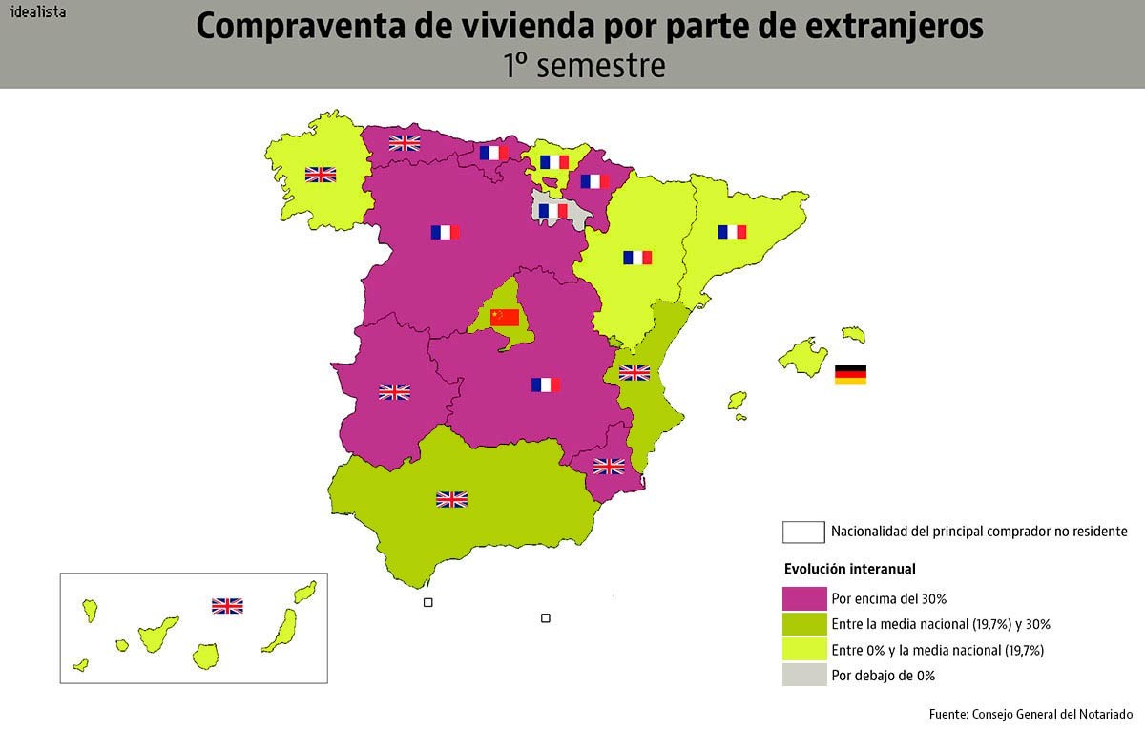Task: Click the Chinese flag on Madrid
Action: click(504, 318)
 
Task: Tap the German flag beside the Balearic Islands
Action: click(850, 374)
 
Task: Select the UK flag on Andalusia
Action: click(451, 499)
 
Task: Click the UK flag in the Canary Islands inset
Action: click(227, 605)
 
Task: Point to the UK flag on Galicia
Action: click(321, 175)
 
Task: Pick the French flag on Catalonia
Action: click(732, 232)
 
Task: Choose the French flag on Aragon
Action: click(637, 258)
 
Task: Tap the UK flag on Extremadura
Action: click(394, 391)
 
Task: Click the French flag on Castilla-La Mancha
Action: click(545, 385)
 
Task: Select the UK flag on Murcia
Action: click(609, 466)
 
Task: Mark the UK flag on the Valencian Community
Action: click(635, 373)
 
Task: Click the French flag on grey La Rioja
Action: click(552, 210)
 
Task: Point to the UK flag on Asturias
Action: click(405, 143)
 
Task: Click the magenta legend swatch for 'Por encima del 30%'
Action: click(803, 598)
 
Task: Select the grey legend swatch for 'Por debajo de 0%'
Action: click(803, 675)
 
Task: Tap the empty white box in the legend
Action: click(803, 532)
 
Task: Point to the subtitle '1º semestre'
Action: click(585, 65)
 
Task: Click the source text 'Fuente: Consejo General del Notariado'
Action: click(1030, 714)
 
